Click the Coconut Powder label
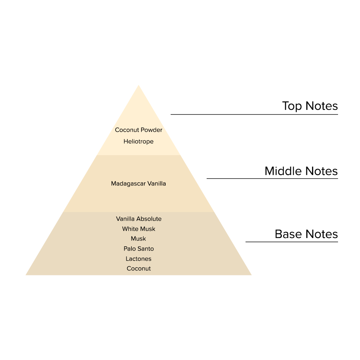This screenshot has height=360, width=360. [x=139, y=130]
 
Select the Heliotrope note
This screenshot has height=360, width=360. [x=139, y=141]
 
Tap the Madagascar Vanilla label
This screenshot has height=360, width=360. [x=139, y=184]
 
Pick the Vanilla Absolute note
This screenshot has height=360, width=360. [x=139, y=219]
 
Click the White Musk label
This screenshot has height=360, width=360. [x=139, y=229]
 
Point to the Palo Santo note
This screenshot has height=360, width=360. [x=139, y=249]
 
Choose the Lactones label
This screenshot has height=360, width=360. [x=139, y=259]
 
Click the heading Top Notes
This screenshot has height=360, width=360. [x=310, y=106]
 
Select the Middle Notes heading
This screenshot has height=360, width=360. [x=301, y=171]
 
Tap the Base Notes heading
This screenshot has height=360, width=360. [x=306, y=234]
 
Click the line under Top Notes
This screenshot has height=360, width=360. [x=254, y=114]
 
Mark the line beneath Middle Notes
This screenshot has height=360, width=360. [x=272, y=179]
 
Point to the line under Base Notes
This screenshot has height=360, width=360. [x=292, y=242]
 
